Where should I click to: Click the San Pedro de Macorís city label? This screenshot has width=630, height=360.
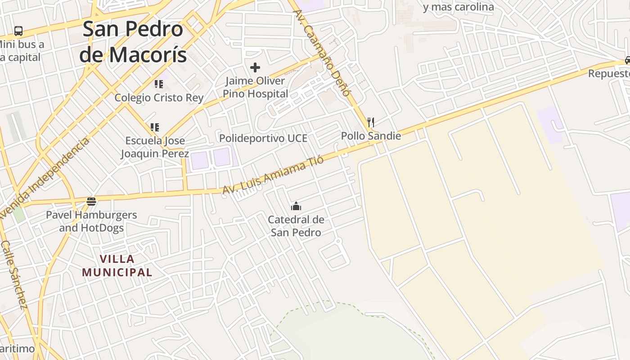point(133,42)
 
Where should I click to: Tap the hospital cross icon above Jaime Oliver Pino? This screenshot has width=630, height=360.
point(255,67)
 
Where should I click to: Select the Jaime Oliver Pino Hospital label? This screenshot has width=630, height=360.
point(255,87)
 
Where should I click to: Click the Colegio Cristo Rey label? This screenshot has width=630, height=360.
point(159,98)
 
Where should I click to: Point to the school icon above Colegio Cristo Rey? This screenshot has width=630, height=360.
point(158,84)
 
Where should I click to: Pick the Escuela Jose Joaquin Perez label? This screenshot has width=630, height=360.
point(155,147)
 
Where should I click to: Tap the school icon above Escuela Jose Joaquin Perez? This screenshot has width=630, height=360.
point(155,127)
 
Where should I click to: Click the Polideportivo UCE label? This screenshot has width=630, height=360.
point(263,138)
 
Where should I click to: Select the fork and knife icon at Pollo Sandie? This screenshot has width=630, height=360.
point(371,122)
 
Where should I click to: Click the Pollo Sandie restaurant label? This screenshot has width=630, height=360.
point(371,136)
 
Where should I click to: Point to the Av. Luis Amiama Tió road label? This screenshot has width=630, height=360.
point(273,175)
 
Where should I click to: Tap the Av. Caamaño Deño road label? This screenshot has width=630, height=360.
point(322,53)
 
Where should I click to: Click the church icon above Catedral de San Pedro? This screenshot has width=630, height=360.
point(296,207)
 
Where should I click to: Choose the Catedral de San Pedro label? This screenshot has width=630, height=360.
point(296,226)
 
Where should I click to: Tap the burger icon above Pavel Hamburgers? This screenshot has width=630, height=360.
point(91,201)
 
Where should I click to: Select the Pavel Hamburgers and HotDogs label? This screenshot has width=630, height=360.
point(91,221)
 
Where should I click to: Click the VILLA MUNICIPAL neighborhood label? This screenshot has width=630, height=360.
point(117,265)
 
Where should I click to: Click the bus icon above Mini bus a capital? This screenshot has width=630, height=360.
point(18,31)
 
